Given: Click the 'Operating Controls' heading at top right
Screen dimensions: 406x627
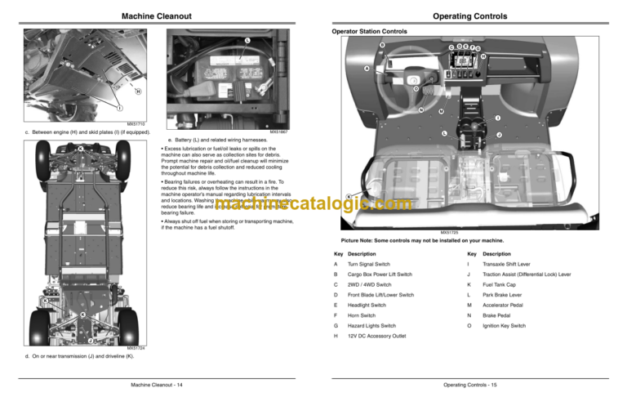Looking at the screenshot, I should point(469,16).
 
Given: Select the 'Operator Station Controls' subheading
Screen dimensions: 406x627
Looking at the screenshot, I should point(369,32).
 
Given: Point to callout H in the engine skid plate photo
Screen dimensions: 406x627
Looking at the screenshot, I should point(137,91).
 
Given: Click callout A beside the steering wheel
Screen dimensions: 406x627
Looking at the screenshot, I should point(367,69).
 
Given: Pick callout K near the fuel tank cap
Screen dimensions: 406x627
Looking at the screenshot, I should point(349,196).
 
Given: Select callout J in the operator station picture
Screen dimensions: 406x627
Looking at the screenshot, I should point(499,135).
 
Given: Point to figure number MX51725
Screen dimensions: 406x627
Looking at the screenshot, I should point(448,233).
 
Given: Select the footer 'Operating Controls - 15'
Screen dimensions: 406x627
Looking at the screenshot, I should point(470,383).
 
